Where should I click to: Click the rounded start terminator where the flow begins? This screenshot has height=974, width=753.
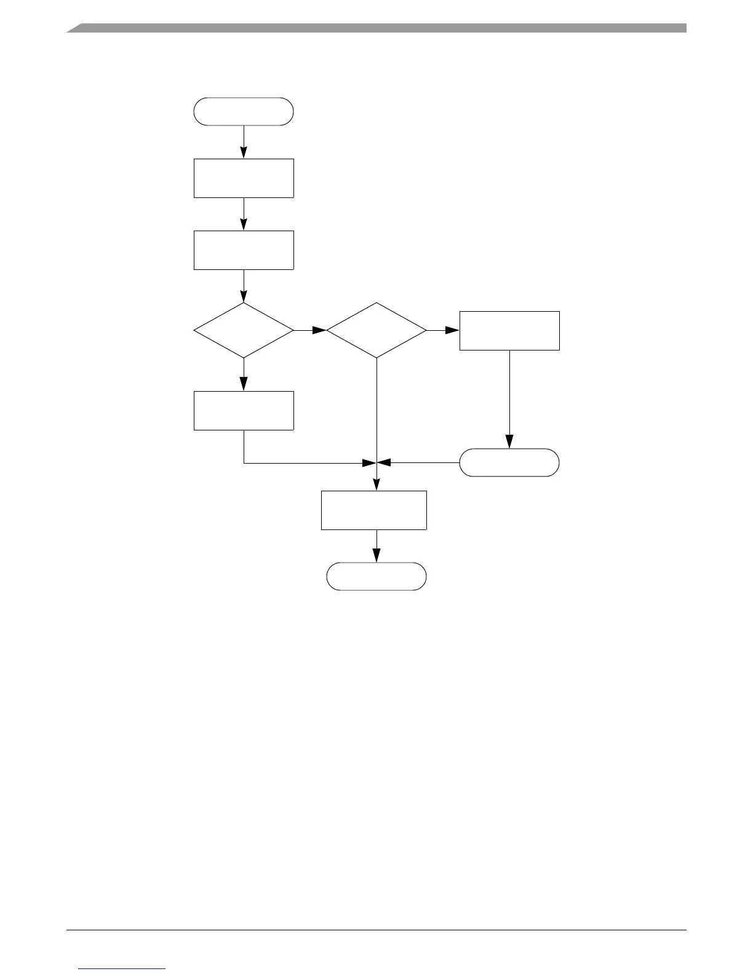[x=244, y=111]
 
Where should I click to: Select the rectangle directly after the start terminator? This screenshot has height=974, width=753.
[x=244, y=178]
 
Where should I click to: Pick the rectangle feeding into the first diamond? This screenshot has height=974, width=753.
[x=244, y=250]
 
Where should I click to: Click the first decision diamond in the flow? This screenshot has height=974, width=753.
[x=244, y=330]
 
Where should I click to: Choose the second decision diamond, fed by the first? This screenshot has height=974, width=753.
[x=376, y=330]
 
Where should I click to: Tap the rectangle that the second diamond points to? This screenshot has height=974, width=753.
[x=509, y=331]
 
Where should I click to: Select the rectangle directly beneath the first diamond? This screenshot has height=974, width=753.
[x=244, y=410]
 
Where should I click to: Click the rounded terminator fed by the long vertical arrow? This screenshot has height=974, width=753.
[x=509, y=462]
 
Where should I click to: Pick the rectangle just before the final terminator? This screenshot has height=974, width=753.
[x=374, y=510]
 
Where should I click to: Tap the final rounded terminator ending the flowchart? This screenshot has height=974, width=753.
[x=376, y=576]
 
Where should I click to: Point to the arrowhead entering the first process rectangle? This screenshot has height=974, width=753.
[x=244, y=152]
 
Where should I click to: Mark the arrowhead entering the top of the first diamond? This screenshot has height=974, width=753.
[x=244, y=296]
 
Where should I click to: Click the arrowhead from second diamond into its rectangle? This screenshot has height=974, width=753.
[x=453, y=330]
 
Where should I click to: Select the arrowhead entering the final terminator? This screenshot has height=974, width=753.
[x=376, y=556]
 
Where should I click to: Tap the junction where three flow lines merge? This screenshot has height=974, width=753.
[x=376, y=462]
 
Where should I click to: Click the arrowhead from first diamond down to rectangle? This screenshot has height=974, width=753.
[x=244, y=384]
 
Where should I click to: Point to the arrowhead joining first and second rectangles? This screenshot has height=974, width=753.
[x=244, y=224]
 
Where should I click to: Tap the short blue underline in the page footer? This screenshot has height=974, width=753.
[x=122, y=969]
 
